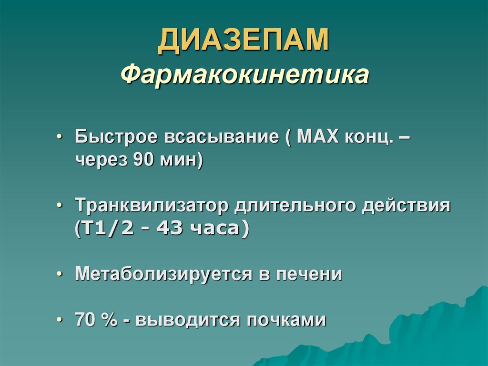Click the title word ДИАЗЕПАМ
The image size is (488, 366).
coord(244,41)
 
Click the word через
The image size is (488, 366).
coord(99,161)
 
